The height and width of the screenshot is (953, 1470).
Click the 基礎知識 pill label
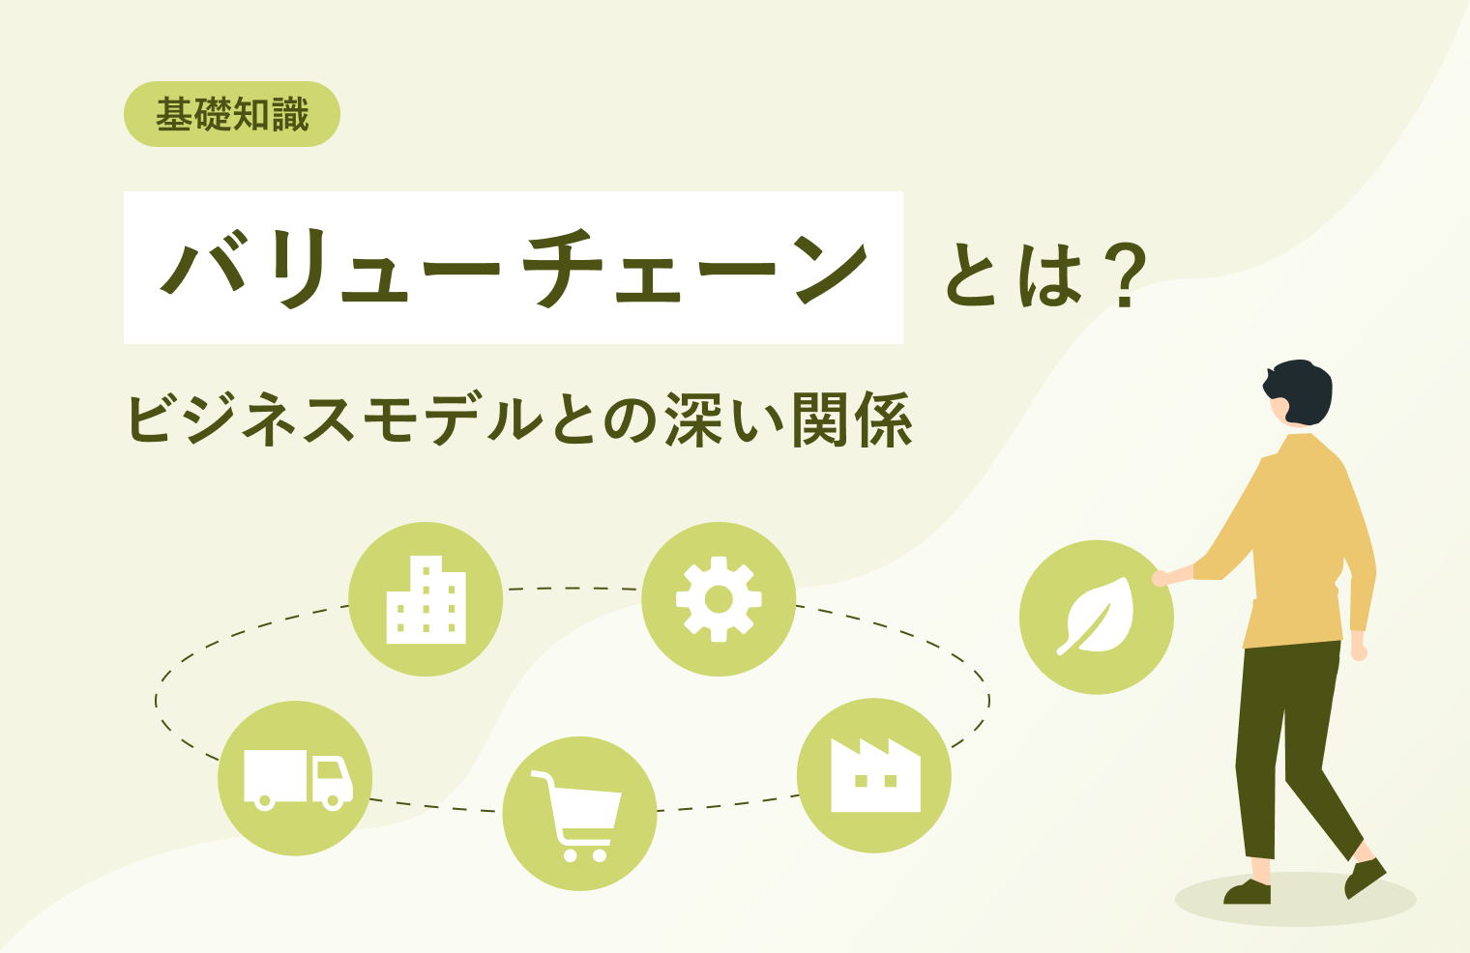point(232,115)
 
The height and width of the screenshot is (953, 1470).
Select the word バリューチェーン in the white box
point(513,268)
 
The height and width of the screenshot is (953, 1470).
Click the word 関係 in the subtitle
point(851,421)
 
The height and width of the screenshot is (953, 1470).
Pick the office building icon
point(426,599)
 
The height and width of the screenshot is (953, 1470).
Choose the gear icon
point(719,599)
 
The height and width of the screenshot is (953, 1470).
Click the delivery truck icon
point(295,778)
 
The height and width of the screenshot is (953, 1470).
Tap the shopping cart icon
point(579,814)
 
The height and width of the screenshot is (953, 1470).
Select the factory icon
point(874,775)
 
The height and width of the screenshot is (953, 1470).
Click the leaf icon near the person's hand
point(1097,617)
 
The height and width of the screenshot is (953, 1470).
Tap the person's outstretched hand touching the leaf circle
point(1161,578)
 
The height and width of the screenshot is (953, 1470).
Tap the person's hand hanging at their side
point(1359,650)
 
